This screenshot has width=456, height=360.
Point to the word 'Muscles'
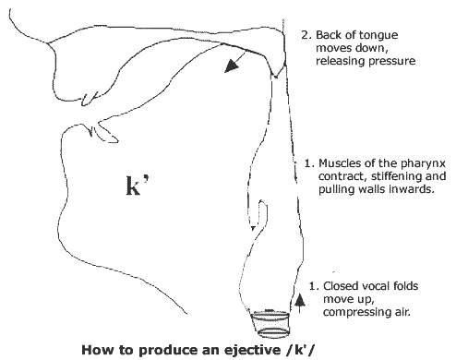[x=345, y=162]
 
